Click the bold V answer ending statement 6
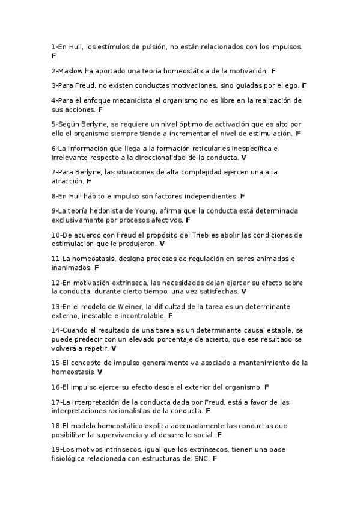click(243, 157)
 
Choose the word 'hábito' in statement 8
click(97, 196)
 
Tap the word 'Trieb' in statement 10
click(200, 235)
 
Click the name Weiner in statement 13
click(135, 306)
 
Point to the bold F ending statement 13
click(170, 315)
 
